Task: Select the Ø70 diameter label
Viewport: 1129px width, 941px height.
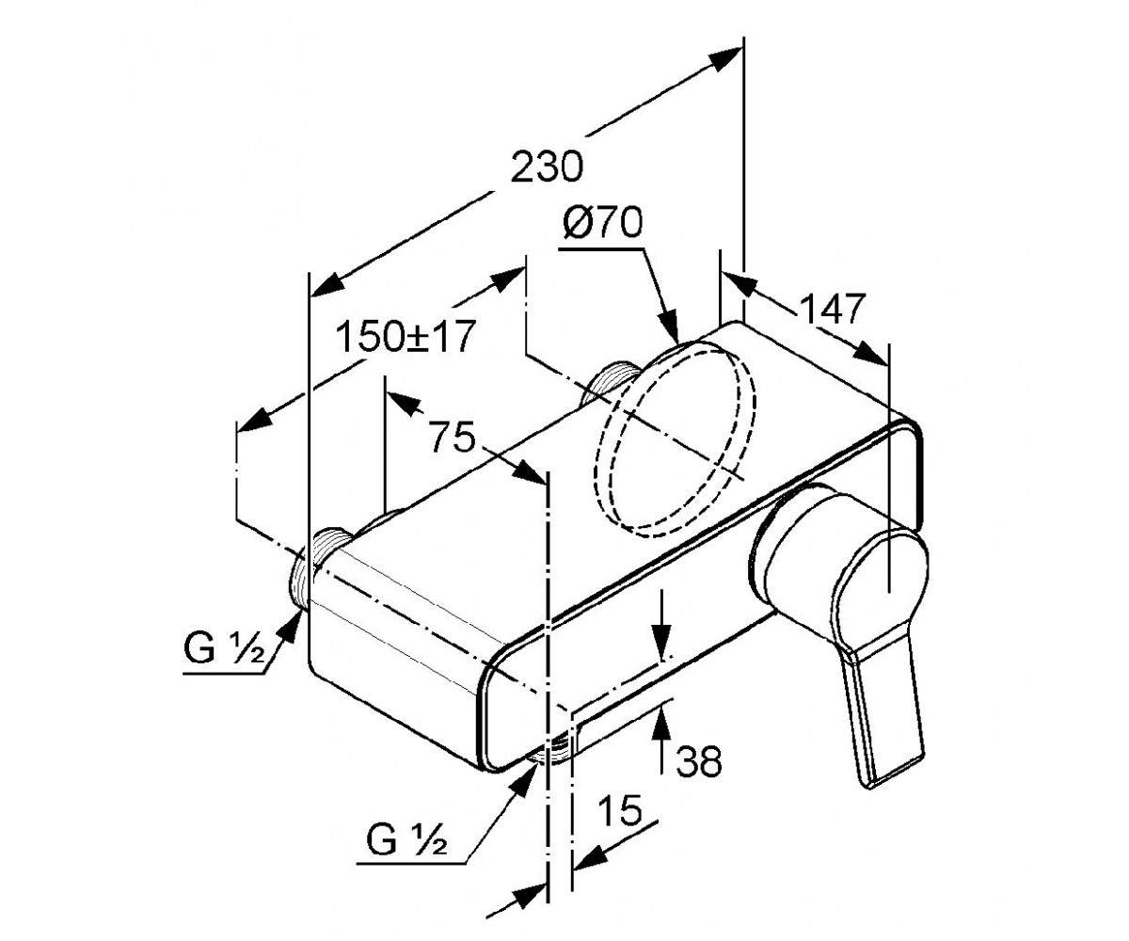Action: (x=602, y=223)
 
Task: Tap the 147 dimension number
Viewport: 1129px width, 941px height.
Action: (x=832, y=309)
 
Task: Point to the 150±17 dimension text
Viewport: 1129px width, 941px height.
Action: (x=405, y=336)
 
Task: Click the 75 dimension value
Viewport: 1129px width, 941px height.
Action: (x=452, y=436)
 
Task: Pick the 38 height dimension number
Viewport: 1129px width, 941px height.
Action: (x=699, y=761)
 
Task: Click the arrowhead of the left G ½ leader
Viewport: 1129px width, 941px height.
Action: (x=291, y=628)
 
